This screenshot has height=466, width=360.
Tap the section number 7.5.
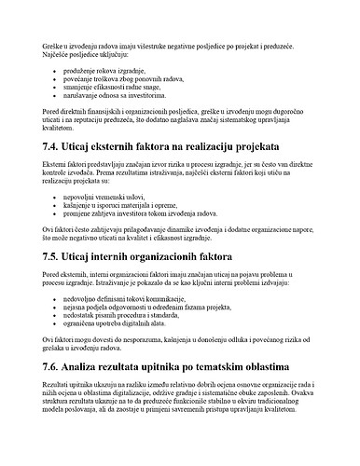coord(55,254)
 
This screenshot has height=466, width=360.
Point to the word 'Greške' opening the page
coord(54,46)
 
